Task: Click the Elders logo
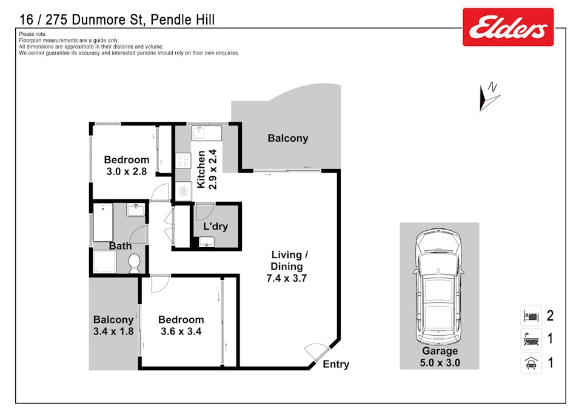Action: point(508,27)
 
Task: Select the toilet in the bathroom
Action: point(135,263)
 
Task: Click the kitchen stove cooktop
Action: point(183,160)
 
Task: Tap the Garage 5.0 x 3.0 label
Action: point(440,357)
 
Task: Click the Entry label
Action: point(335,364)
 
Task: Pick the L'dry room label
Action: point(215,227)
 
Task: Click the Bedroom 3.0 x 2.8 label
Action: point(126,165)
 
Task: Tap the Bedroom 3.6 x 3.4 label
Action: point(181,325)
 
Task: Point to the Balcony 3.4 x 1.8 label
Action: point(113,325)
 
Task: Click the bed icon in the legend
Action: point(531,316)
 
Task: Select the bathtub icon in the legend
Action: point(531,339)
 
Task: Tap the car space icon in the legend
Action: point(531,362)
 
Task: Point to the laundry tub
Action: point(207,242)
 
